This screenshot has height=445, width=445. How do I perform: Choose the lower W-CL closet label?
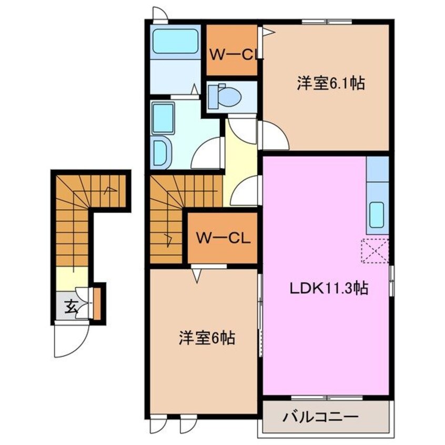click(223, 238)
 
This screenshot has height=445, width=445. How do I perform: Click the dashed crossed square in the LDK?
click(375, 250)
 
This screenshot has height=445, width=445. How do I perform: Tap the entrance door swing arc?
click(69, 342)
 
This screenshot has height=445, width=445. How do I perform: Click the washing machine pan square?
click(163, 116)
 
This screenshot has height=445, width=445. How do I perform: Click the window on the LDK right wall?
click(391, 280)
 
